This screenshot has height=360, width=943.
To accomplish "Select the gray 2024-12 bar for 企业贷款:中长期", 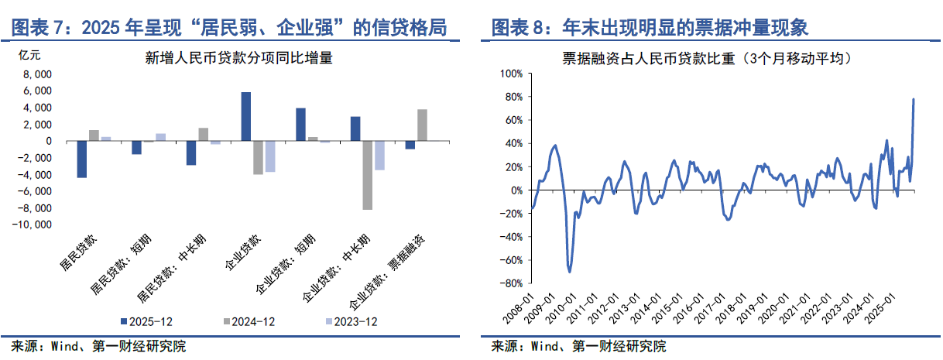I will [x=367, y=175].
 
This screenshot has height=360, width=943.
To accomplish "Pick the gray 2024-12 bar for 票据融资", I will [x=422, y=125].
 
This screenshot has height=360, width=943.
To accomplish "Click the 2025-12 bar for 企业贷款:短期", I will [x=300, y=125].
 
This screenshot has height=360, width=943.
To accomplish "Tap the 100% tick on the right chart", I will [x=513, y=74].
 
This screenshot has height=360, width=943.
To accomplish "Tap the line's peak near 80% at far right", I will [x=914, y=99].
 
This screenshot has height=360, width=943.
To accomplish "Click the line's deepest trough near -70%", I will [x=570, y=271].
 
